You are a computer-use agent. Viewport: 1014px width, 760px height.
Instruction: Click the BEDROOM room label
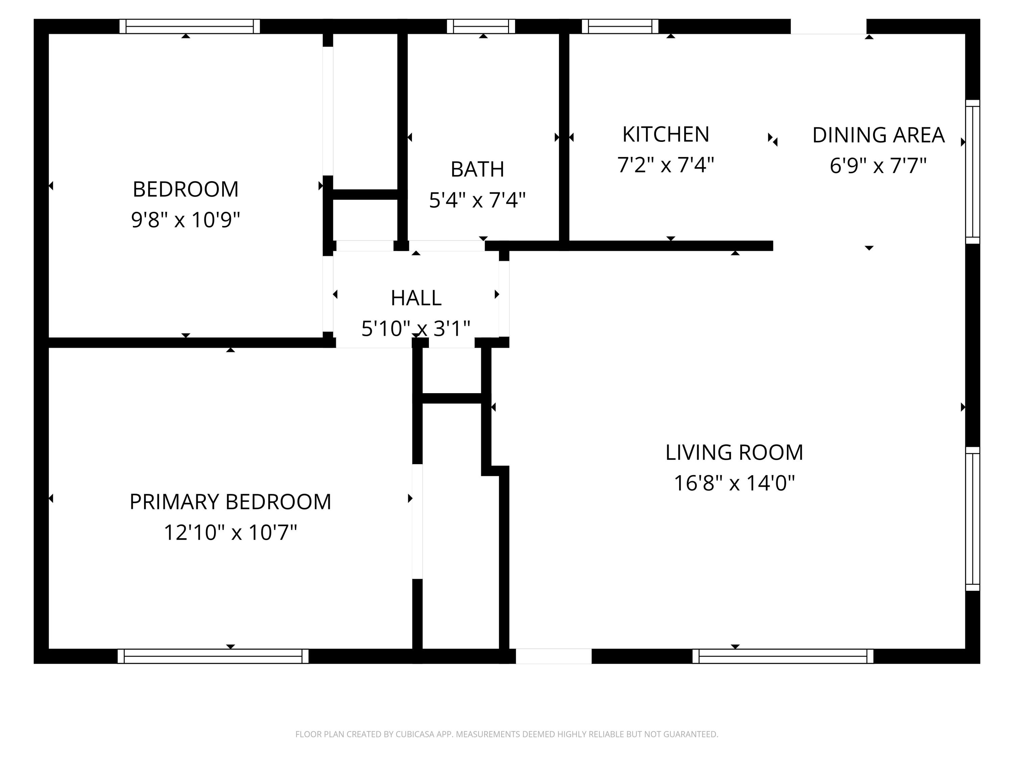186,189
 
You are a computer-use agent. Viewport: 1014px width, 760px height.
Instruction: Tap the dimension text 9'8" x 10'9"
186,220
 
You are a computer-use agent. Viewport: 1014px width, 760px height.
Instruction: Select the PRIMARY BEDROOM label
230,502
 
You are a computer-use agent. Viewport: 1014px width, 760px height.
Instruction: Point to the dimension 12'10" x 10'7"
230,532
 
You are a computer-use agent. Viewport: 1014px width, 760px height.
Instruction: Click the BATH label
477,170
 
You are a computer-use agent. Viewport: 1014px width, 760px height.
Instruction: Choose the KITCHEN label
666,134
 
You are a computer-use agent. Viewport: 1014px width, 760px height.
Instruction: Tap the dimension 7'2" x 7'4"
666,165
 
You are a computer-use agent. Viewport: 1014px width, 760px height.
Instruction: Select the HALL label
416,298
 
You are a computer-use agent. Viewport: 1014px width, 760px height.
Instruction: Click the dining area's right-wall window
973,172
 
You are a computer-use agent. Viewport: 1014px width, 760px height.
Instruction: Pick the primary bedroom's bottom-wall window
213,656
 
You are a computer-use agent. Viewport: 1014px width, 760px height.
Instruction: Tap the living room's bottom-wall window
782,656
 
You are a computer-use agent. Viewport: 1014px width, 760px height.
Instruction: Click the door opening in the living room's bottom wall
554,656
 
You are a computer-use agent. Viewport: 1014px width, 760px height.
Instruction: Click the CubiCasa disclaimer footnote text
507,734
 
